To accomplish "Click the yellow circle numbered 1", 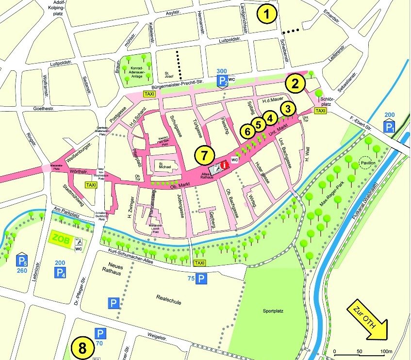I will point(268,14).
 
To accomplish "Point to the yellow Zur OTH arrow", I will point(367,321).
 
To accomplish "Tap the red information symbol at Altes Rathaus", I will point(224,165).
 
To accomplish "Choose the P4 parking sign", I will point(60,273).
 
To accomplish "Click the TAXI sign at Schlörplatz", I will point(320,111).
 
